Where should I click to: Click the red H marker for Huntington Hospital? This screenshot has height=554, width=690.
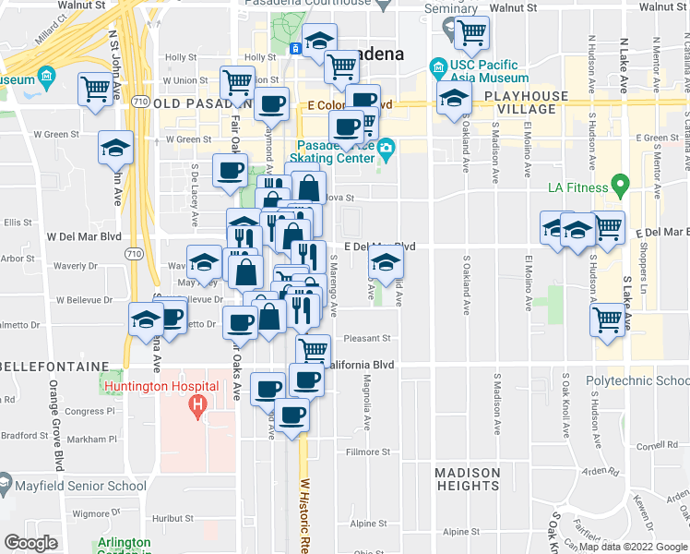(196, 404)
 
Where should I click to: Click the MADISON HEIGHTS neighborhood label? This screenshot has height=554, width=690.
(468, 479)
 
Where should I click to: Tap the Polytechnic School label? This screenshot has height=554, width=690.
(637, 380)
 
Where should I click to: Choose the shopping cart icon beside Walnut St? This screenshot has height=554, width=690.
(471, 33)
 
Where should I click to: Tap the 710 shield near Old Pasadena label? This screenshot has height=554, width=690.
(139, 100)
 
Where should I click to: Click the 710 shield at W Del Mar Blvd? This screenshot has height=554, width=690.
(134, 252)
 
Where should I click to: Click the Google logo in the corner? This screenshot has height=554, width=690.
(30, 543)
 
